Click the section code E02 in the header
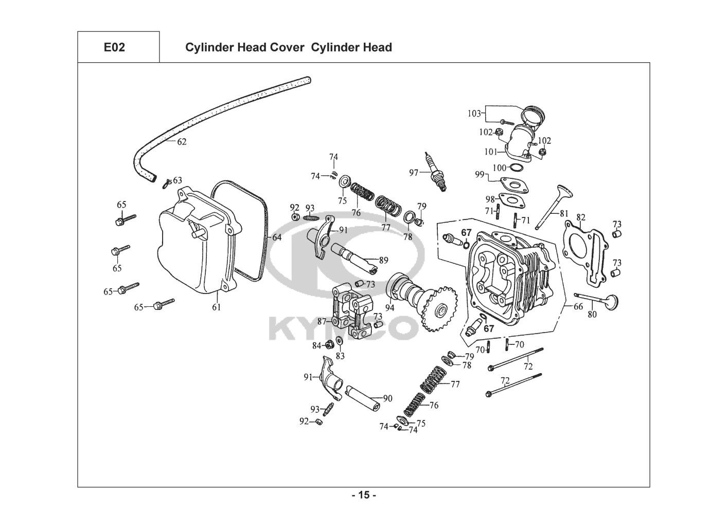tap(114, 48)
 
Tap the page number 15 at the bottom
tap(364, 495)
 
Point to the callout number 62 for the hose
tap(182, 142)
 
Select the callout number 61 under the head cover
tap(216, 307)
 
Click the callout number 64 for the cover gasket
tap(277, 237)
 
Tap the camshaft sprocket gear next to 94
tap(437, 309)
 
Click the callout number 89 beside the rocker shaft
tap(383, 260)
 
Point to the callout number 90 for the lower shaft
tap(387, 398)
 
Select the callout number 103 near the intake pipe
tap(474, 113)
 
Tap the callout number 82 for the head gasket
tap(581, 217)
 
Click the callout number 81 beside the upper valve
tap(564, 213)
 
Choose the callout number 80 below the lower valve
tap(592, 314)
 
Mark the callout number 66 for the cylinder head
tap(578, 306)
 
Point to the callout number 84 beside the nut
tap(316, 345)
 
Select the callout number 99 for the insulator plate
tap(480, 175)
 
